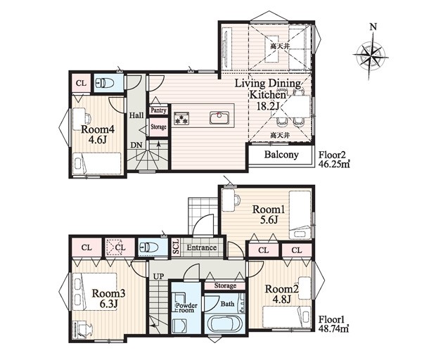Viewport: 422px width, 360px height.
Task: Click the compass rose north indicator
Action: coord(373,27)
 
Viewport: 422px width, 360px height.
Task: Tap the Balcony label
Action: coord(281,155)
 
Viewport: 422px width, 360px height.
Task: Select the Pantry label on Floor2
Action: coord(158,110)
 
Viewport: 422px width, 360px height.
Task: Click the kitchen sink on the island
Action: coord(219,117)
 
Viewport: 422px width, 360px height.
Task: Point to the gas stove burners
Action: coord(181,118)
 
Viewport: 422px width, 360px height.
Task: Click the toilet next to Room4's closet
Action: coord(105,82)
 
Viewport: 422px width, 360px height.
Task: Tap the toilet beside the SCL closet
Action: coord(148,247)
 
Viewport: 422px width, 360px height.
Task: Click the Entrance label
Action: coord(202,247)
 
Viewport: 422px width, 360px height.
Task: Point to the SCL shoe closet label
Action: coord(176,246)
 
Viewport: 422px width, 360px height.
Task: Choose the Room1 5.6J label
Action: coord(269,214)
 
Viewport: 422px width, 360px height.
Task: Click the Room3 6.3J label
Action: coord(108,298)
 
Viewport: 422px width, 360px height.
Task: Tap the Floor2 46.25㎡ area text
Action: coord(334,160)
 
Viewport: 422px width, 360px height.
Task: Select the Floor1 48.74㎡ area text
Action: coord(333,324)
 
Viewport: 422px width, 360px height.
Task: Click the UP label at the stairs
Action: coord(158,276)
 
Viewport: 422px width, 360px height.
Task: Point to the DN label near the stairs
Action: coord(136,145)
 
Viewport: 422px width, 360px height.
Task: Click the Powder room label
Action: coord(186,307)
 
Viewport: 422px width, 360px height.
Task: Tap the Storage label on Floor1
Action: coord(225,285)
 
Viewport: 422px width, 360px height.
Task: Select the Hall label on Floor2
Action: coord(136,115)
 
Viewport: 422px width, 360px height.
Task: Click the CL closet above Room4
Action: coord(81,83)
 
